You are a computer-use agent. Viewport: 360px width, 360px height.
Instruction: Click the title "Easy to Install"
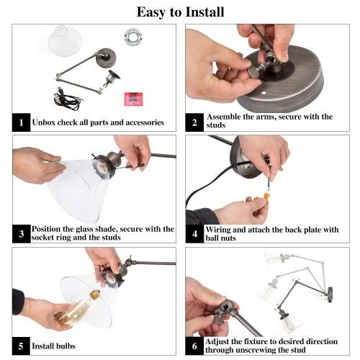click(x=180, y=12)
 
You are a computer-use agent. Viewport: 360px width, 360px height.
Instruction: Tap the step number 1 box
click(x=22, y=122)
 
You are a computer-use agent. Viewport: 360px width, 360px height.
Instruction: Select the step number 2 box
click(x=194, y=122)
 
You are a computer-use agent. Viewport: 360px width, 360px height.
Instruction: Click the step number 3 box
click(x=22, y=234)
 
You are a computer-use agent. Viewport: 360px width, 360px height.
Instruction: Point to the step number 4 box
click(x=194, y=234)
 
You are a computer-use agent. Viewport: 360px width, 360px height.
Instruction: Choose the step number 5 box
click(x=22, y=345)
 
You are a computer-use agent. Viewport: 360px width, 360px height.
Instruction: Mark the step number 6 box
click(x=194, y=345)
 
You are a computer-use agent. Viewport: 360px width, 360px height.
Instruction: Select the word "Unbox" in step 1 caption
click(x=51, y=123)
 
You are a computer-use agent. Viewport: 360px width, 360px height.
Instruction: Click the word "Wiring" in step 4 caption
click(x=222, y=230)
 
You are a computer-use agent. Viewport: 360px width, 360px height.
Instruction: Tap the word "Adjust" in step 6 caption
click(x=220, y=341)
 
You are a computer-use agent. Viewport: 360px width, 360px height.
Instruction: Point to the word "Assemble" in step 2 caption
click(x=228, y=117)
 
